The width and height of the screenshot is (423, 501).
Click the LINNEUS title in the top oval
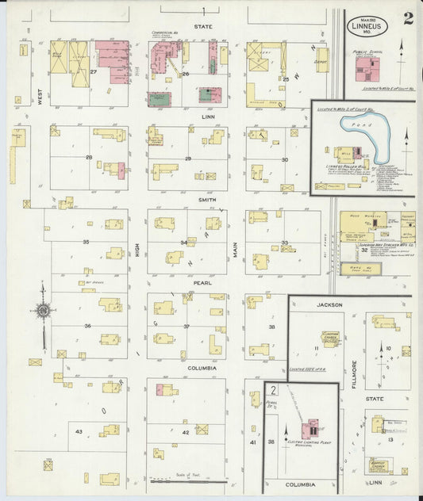368,24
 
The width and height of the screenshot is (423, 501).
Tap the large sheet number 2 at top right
407,18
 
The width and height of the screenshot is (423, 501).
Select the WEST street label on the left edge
37,96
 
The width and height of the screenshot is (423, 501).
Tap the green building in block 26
159,99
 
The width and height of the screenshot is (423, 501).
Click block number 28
89,158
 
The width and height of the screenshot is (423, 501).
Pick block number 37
187,326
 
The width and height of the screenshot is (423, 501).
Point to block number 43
79,430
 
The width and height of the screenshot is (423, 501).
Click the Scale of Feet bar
188,479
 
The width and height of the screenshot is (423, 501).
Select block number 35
86,240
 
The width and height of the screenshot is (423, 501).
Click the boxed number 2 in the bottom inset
273,390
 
